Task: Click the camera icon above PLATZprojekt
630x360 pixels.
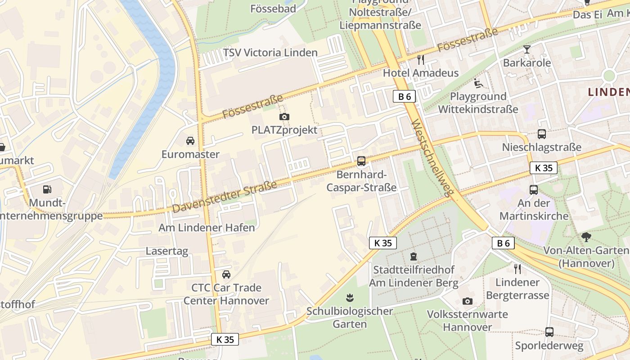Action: click(284, 117)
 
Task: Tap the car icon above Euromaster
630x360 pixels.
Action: click(190, 141)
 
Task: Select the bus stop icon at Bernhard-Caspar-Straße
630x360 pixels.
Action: click(361, 161)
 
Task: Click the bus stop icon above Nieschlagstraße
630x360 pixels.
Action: click(542, 134)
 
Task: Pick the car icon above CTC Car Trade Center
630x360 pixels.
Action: click(226, 274)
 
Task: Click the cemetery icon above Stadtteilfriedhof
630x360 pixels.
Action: click(413, 257)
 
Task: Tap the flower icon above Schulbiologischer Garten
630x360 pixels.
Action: click(349, 297)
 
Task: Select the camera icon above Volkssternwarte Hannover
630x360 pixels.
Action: click(468, 301)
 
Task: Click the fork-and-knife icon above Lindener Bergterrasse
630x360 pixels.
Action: click(517, 269)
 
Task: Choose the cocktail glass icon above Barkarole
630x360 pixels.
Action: click(527, 49)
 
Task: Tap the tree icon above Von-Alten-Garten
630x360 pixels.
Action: click(586, 237)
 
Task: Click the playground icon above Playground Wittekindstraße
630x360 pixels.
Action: click(478, 83)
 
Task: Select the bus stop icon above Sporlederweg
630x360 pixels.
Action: click(549, 332)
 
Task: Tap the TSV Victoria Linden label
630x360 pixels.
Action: click(270, 53)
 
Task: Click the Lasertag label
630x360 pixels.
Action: click(167, 251)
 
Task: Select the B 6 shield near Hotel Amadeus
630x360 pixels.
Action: click(404, 96)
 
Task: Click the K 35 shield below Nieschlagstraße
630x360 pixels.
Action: click(543, 168)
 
